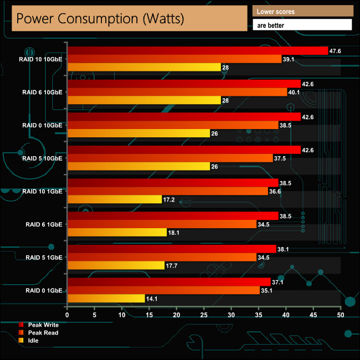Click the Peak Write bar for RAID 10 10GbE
click(197, 50)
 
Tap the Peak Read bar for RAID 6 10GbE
click(177, 92)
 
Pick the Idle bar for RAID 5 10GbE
click(138, 166)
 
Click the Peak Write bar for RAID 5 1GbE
click(171, 249)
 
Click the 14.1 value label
click(152, 299)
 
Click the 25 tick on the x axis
click(204, 315)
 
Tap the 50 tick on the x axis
click(341, 315)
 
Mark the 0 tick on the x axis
click(67, 315)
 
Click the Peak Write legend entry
click(43, 325)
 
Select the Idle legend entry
click(37, 341)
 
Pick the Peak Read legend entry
click(43, 333)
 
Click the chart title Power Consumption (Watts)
click(100, 18)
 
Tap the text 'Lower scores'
click(276, 11)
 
